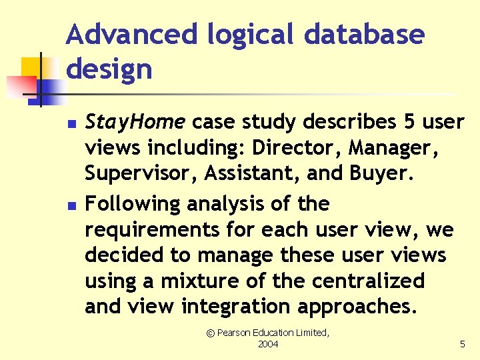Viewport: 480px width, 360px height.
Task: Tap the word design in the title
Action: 109,69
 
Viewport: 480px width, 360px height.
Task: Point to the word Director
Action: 293,148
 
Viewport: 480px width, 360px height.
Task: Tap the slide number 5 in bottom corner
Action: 462,344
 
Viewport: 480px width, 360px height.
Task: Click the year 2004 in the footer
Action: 267,344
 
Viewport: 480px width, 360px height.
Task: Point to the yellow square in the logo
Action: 31,67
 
